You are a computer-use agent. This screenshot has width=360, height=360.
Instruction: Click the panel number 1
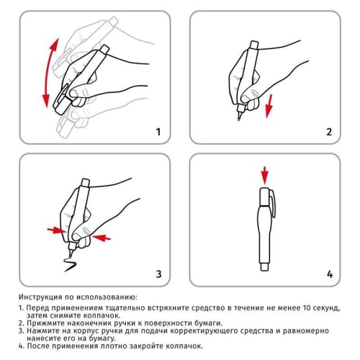[x=158, y=132]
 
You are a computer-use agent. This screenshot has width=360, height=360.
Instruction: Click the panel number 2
[x=329, y=132]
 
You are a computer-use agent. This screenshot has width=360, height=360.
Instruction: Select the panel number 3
[x=158, y=274]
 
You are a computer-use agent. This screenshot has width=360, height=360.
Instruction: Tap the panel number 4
[x=329, y=274]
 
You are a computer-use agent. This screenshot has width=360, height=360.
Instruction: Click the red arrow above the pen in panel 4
[x=264, y=174]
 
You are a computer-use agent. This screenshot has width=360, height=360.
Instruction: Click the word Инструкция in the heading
[x=44, y=297]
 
